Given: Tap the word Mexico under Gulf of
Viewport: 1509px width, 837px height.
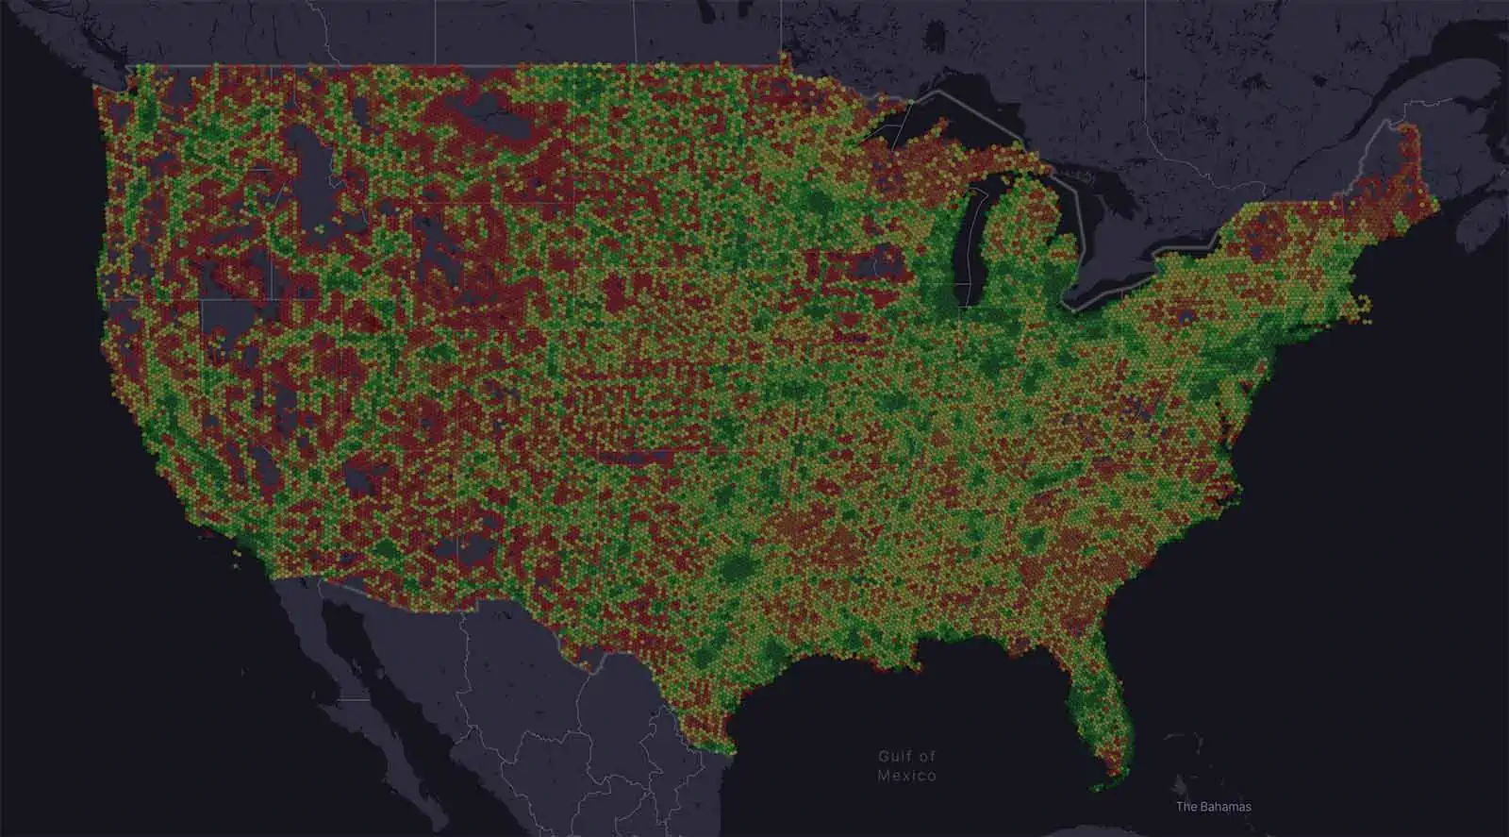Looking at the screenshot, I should pyautogui.click(x=906, y=776).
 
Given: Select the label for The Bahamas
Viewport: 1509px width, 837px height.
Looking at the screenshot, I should pyautogui.click(x=1214, y=807).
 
